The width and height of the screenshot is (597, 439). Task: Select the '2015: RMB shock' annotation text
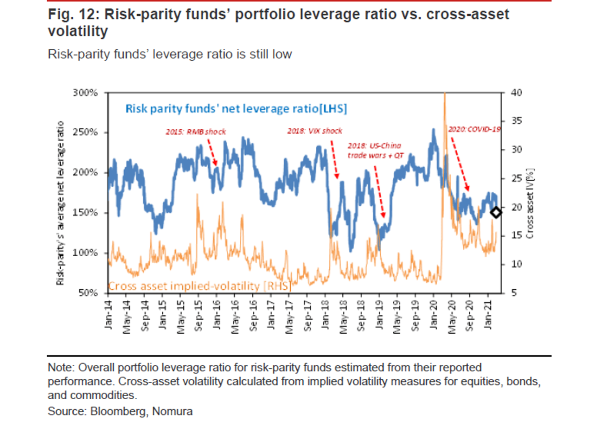pos(195,131)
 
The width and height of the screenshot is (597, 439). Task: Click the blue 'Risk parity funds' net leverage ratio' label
pos(237,109)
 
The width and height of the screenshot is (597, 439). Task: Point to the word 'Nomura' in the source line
pos(172,411)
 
